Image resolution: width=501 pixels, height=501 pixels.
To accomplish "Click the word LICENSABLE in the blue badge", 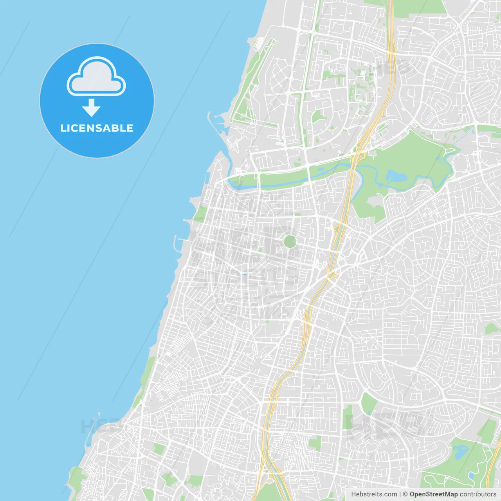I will [x=97, y=128].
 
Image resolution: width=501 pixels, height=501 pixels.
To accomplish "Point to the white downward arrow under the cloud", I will [x=91, y=108].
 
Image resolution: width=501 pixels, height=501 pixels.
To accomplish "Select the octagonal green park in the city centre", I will [x=290, y=241].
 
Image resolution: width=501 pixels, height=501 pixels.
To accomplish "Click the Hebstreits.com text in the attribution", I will [x=374, y=494].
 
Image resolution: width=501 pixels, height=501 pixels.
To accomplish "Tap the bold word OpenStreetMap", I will [x=433, y=494].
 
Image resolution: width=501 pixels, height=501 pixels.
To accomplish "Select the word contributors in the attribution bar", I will [x=478, y=494].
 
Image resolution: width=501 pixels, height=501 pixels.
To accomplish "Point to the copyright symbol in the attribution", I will [x=405, y=494].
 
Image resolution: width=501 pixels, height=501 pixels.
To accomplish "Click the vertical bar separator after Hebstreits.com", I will [x=400, y=494].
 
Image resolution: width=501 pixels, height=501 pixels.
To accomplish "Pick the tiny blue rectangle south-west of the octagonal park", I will [x=245, y=274].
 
